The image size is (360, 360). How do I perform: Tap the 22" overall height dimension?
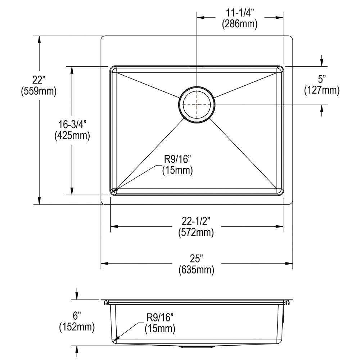[39, 80]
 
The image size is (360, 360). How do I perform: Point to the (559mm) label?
[39, 91]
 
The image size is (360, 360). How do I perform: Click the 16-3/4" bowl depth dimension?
[72, 125]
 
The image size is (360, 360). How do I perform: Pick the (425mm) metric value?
[72, 136]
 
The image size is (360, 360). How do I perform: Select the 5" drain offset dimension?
[321, 78]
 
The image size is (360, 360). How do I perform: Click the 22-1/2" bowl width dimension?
[196, 221]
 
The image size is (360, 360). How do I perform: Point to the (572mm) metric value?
[196, 233]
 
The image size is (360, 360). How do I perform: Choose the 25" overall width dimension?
[196, 258]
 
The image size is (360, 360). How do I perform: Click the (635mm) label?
[196, 270]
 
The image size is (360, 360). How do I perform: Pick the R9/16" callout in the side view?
[160, 317]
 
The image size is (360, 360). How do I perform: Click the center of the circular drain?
[197, 105]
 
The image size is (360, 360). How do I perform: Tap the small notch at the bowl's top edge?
[197, 67]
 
